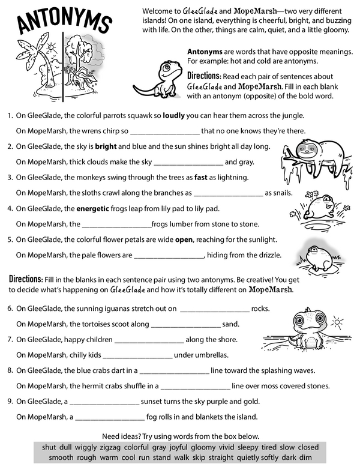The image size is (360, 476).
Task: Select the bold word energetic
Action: pos(96,209)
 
